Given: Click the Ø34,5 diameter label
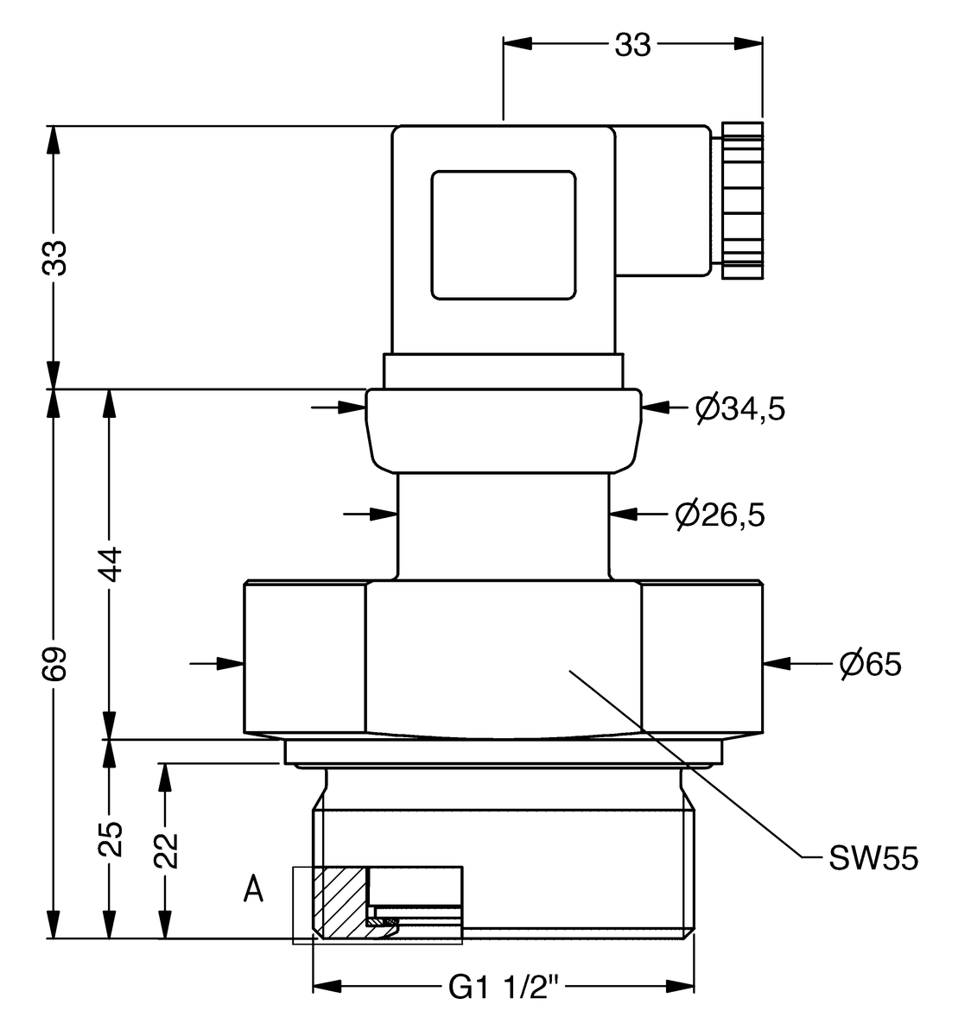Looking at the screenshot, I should [x=740, y=407].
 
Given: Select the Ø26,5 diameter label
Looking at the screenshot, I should [x=720, y=515].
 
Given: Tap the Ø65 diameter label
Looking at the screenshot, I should [x=870, y=664].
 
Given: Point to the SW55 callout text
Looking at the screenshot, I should [x=873, y=858].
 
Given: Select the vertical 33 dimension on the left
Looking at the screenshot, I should [x=55, y=257].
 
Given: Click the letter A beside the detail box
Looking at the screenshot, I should [x=253, y=888].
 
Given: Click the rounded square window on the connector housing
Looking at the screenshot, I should [x=504, y=235].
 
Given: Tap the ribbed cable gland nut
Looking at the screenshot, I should [x=741, y=201].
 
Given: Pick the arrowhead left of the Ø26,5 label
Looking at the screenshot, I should [x=623, y=515].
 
